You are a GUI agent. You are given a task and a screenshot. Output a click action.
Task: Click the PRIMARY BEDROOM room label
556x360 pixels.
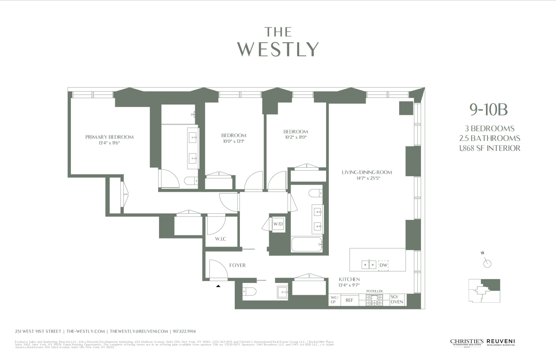pyautogui.click(x=109, y=137)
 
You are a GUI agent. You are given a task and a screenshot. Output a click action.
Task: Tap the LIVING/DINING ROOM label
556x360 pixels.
pyautogui.click(x=367, y=172)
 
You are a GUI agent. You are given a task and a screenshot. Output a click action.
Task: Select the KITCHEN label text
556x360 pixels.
pyautogui.click(x=349, y=279)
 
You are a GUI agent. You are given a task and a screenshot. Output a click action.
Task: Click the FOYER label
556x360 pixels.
pyautogui.click(x=237, y=265)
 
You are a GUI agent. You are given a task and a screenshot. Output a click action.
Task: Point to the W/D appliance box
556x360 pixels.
pyautogui.click(x=278, y=224)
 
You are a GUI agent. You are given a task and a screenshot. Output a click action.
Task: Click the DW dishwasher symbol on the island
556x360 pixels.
pyautogui.click(x=383, y=265)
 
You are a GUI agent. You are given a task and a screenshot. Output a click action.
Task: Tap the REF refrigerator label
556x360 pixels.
pyautogui.click(x=349, y=300)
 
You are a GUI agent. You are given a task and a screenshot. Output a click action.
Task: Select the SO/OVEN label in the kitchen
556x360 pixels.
pyautogui.click(x=397, y=300)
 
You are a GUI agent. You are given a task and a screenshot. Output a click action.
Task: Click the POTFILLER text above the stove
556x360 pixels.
pyautogui.click(x=374, y=291)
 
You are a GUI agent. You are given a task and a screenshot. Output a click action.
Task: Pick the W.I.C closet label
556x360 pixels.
pyautogui.click(x=221, y=239)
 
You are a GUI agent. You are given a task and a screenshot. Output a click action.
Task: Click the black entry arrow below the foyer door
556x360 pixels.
pyautogui.click(x=218, y=286)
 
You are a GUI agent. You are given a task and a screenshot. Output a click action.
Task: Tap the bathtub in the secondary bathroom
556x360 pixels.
pyautogui.click(x=307, y=245)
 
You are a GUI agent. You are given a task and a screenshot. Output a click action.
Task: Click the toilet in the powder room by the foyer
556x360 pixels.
pyautogui.click(x=249, y=292)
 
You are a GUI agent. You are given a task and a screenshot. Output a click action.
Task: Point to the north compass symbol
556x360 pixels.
pyautogui.click(x=487, y=263)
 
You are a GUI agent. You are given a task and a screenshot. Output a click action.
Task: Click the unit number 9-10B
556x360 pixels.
pyautogui.click(x=489, y=109)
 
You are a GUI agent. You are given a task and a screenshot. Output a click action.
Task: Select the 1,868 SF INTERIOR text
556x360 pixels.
pyautogui.click(x=489, y=148)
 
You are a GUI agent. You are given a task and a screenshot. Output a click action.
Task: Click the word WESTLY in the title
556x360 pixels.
pyautogui.click(x=278, y=49)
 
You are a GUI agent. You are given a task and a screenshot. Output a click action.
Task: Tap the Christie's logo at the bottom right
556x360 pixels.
pyautogui.click(x=467, y=342)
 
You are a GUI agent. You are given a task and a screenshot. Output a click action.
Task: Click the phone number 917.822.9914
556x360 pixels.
pyautogui.click(x=184, y=331)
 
